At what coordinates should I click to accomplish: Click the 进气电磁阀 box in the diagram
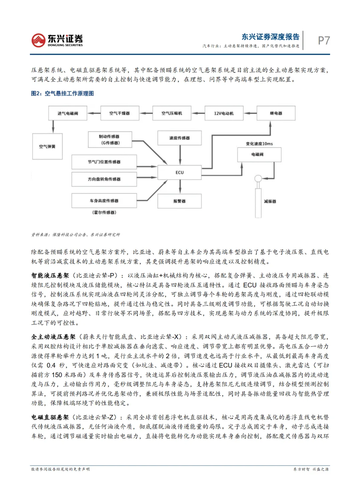click(x=68, y=113)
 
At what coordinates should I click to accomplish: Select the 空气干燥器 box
click(x=119, y=113)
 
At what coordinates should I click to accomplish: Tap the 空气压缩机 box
click(x=172, y=113)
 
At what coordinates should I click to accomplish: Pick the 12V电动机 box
click(x=224, y=113)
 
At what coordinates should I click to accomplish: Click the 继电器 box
click(x=276, y=113)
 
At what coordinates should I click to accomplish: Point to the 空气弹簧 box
click(x=47, y=146)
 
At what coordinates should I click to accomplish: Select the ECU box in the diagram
click(x=179, y=172)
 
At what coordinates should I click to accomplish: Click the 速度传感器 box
click(x=179, y=138)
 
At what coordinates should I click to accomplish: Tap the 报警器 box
click(x=179, y=201)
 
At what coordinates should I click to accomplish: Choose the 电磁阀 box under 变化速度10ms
click(x=257, y=154)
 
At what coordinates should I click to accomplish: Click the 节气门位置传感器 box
click(x=104, y=162)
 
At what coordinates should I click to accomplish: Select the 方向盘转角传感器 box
click(x=104, y=179)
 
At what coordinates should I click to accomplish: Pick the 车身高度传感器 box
click(x=104, y=200)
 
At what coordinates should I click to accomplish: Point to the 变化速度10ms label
click(x=259, y=144)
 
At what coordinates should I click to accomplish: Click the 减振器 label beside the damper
click(x=270, y=201)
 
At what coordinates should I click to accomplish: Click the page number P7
click(x=323, y=40)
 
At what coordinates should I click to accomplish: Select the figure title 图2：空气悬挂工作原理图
click(x=62, y=93)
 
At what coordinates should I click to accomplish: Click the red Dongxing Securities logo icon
click(x=38, y=40)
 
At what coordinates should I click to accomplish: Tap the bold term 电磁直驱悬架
click(x=50, y=417)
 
